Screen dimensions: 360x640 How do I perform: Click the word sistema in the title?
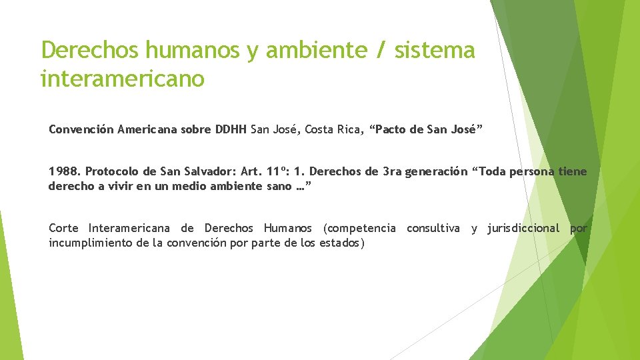pyautogui.click(x=434, y=50)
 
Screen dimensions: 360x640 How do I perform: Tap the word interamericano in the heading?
pyautogui.click(x=123, y=79)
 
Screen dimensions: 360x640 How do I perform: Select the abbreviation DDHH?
pyautogui.click(x=231, y=129)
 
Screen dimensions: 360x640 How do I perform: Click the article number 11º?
pyautogui.click(x=277, y=171)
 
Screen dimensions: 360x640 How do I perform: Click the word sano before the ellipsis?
pyautogui.click(x=279, y=186)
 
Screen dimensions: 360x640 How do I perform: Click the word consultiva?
pyautogui.click(x=433, y=228)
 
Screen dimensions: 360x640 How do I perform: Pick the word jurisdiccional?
pyautogui.click(x=523, y=228)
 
